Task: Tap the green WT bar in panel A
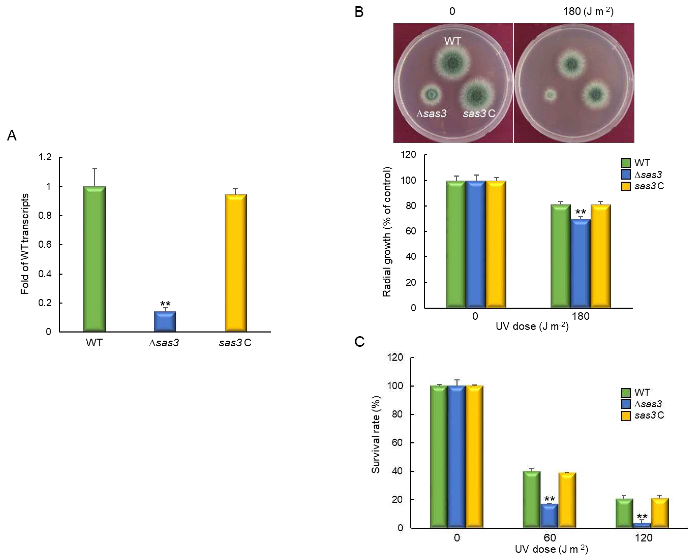[95, 259]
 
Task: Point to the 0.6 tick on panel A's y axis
[45, 245]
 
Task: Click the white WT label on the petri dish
[452, 41]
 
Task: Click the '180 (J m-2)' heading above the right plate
[588, 12]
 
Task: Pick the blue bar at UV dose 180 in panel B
[580, 264]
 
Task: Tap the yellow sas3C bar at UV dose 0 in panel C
[474, 456]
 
